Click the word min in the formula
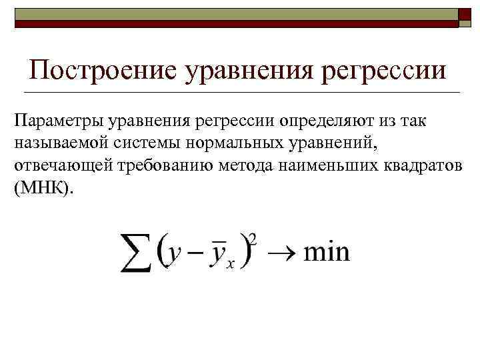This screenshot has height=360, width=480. click(327, 253)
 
